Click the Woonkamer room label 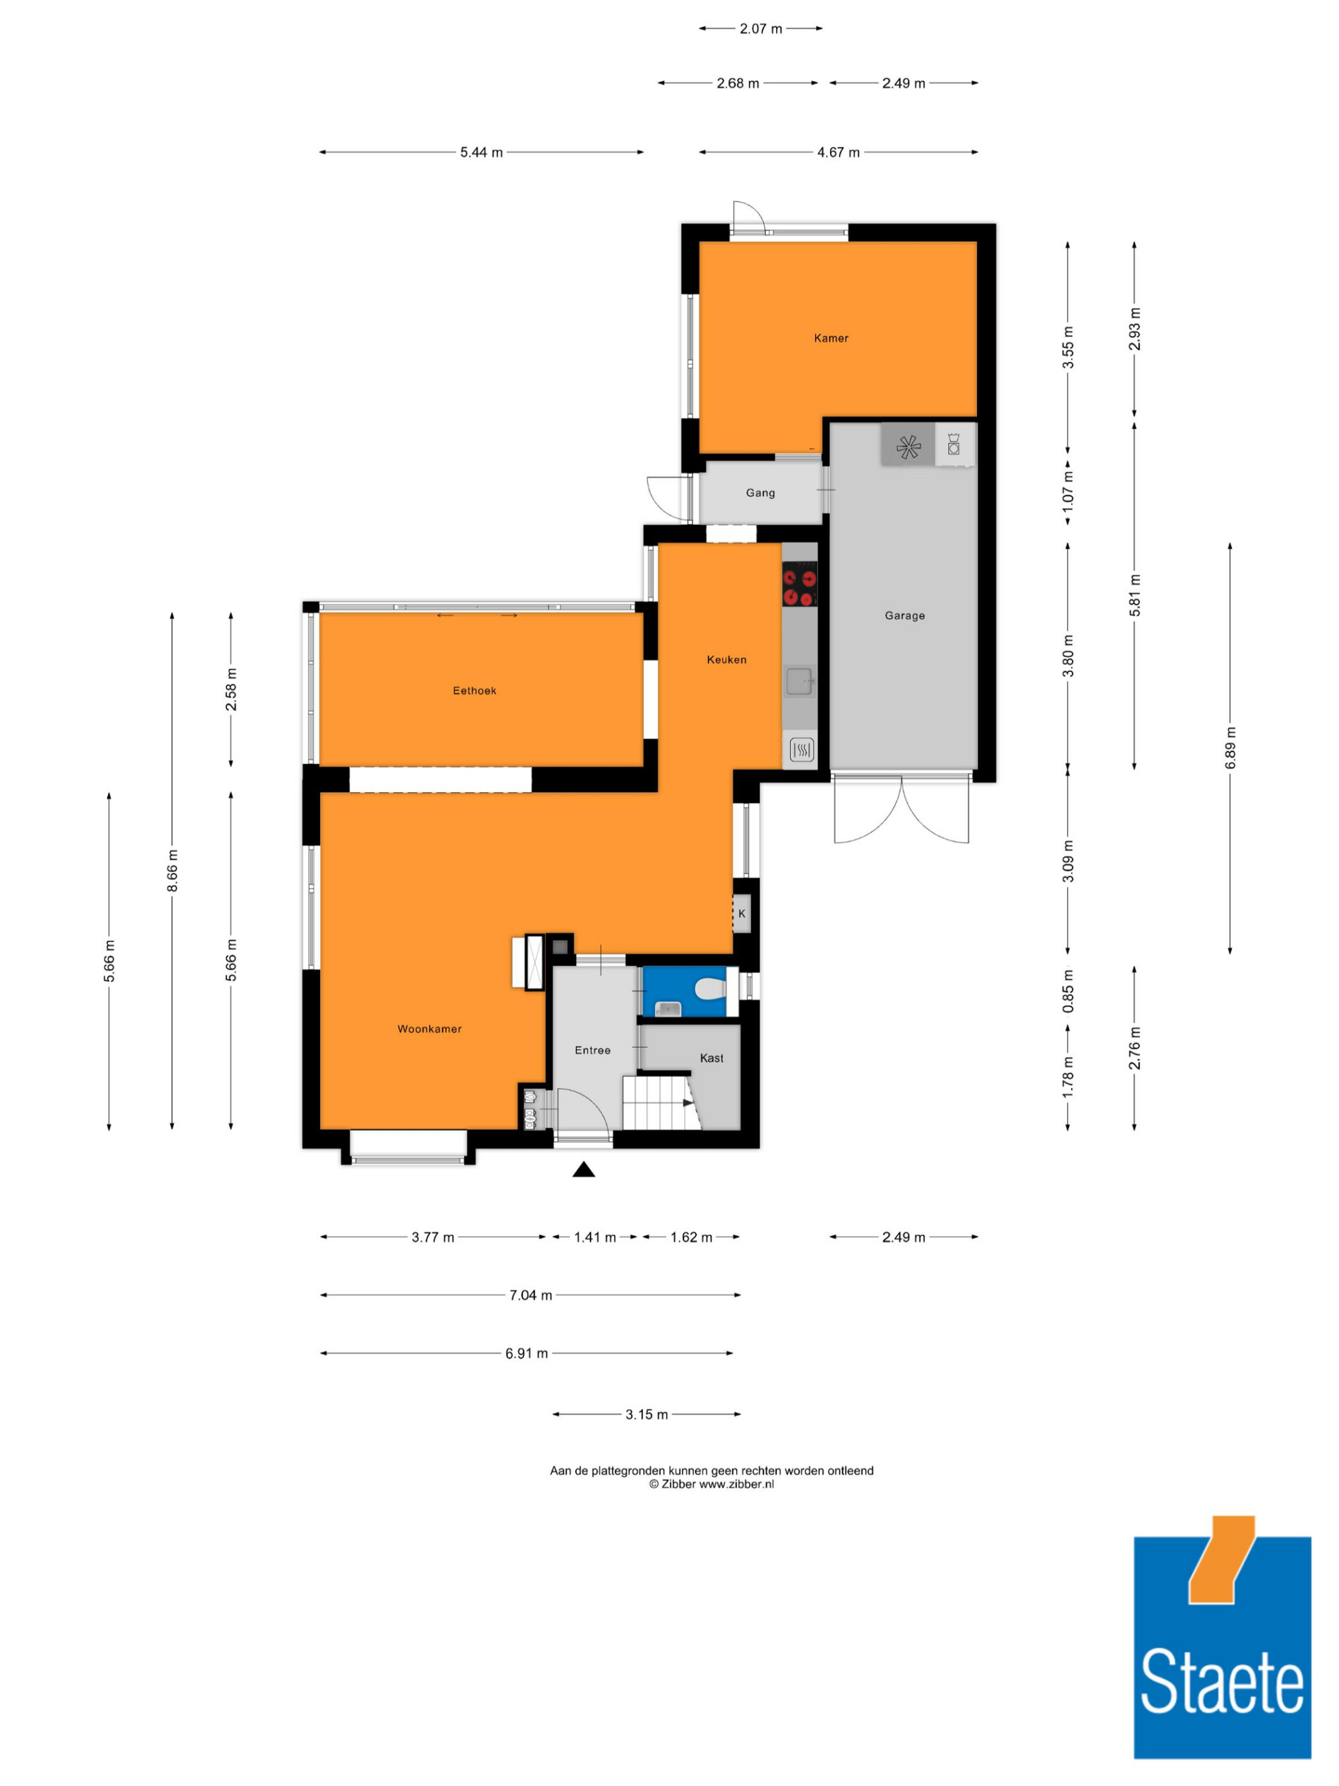tap(429, 1029)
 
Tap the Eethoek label tap(475, 690)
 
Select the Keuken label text tap(726, 660)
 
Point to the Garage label tap(904, 615)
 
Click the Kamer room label tap(832, 338)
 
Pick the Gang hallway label tap(761, 492)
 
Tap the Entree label tap(593, 1049)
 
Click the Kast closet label tap(712, 1057)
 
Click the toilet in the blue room tap(710, 988)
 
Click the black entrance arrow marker tap(584, 1169)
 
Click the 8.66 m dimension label tap(172, 871)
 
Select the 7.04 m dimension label tap(530, 1295)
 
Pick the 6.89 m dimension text tap(1230, 747)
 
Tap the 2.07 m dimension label tap(761, 29)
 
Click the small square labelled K tap(742, 914)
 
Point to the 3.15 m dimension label tap(647, 1414)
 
